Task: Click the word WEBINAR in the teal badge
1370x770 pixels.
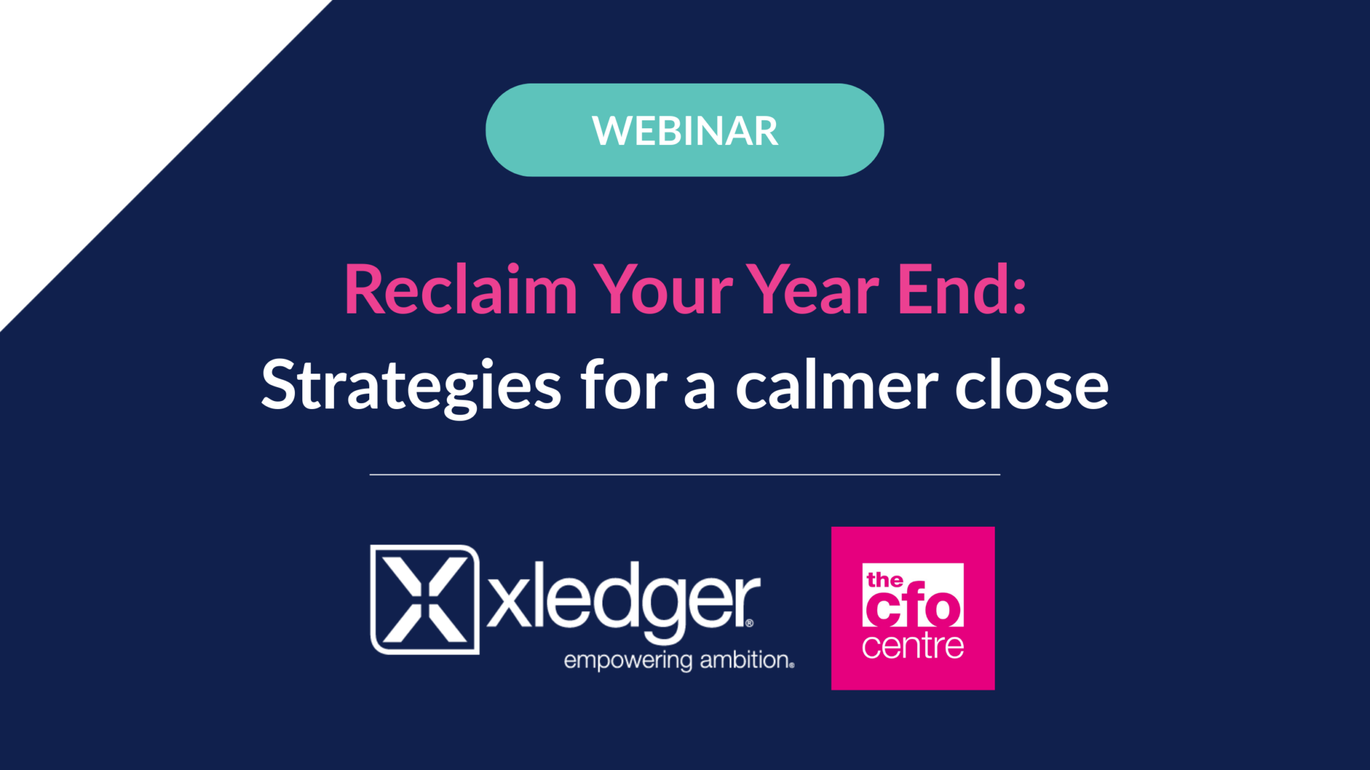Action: point(685,131)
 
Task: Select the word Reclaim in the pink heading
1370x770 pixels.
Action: point(461,289)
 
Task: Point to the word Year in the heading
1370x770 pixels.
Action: point(813,289)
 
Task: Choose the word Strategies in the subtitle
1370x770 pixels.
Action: point(411,386)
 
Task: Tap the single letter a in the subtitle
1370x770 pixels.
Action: point(700,392)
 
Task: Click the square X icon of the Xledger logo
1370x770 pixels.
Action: point(425,599)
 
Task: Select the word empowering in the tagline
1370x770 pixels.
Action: point(628,661)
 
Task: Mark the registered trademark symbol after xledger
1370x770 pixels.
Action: point(749,623)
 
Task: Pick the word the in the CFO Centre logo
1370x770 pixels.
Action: point(884,580)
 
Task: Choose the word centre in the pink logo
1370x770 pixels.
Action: point(913,646)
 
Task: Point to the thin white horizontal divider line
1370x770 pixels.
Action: point(685,475)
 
